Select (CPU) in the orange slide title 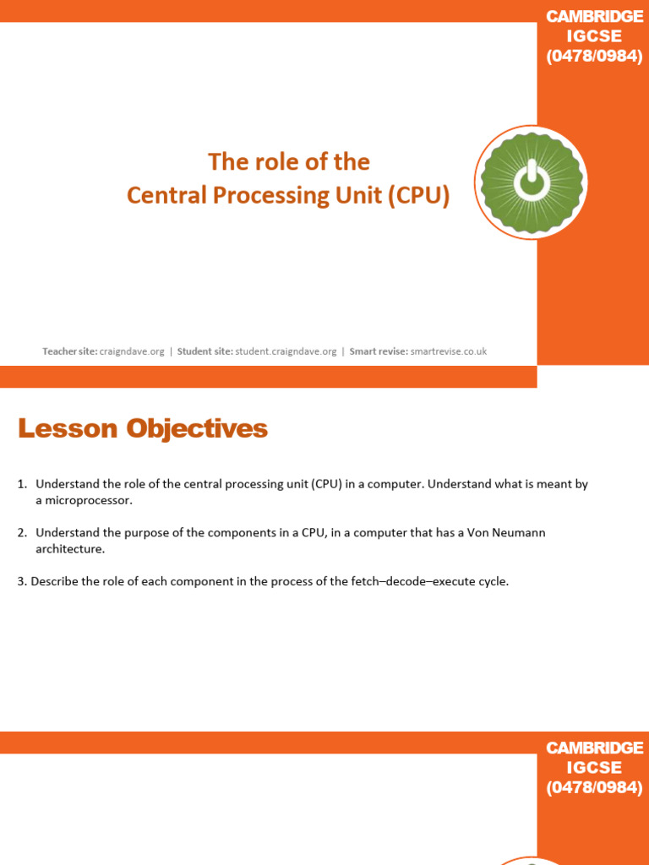[418, 195]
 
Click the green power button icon [531, 182]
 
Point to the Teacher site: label [70, 351]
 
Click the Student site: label [205, 351]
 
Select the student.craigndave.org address [286, 351]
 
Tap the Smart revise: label [379, 351]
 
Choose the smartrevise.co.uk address [448, 351]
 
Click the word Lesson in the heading [68, 429]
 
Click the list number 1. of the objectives [22, 484]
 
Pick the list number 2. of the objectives [22, 532]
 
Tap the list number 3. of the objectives [22, 581]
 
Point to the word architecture [69, 549]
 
